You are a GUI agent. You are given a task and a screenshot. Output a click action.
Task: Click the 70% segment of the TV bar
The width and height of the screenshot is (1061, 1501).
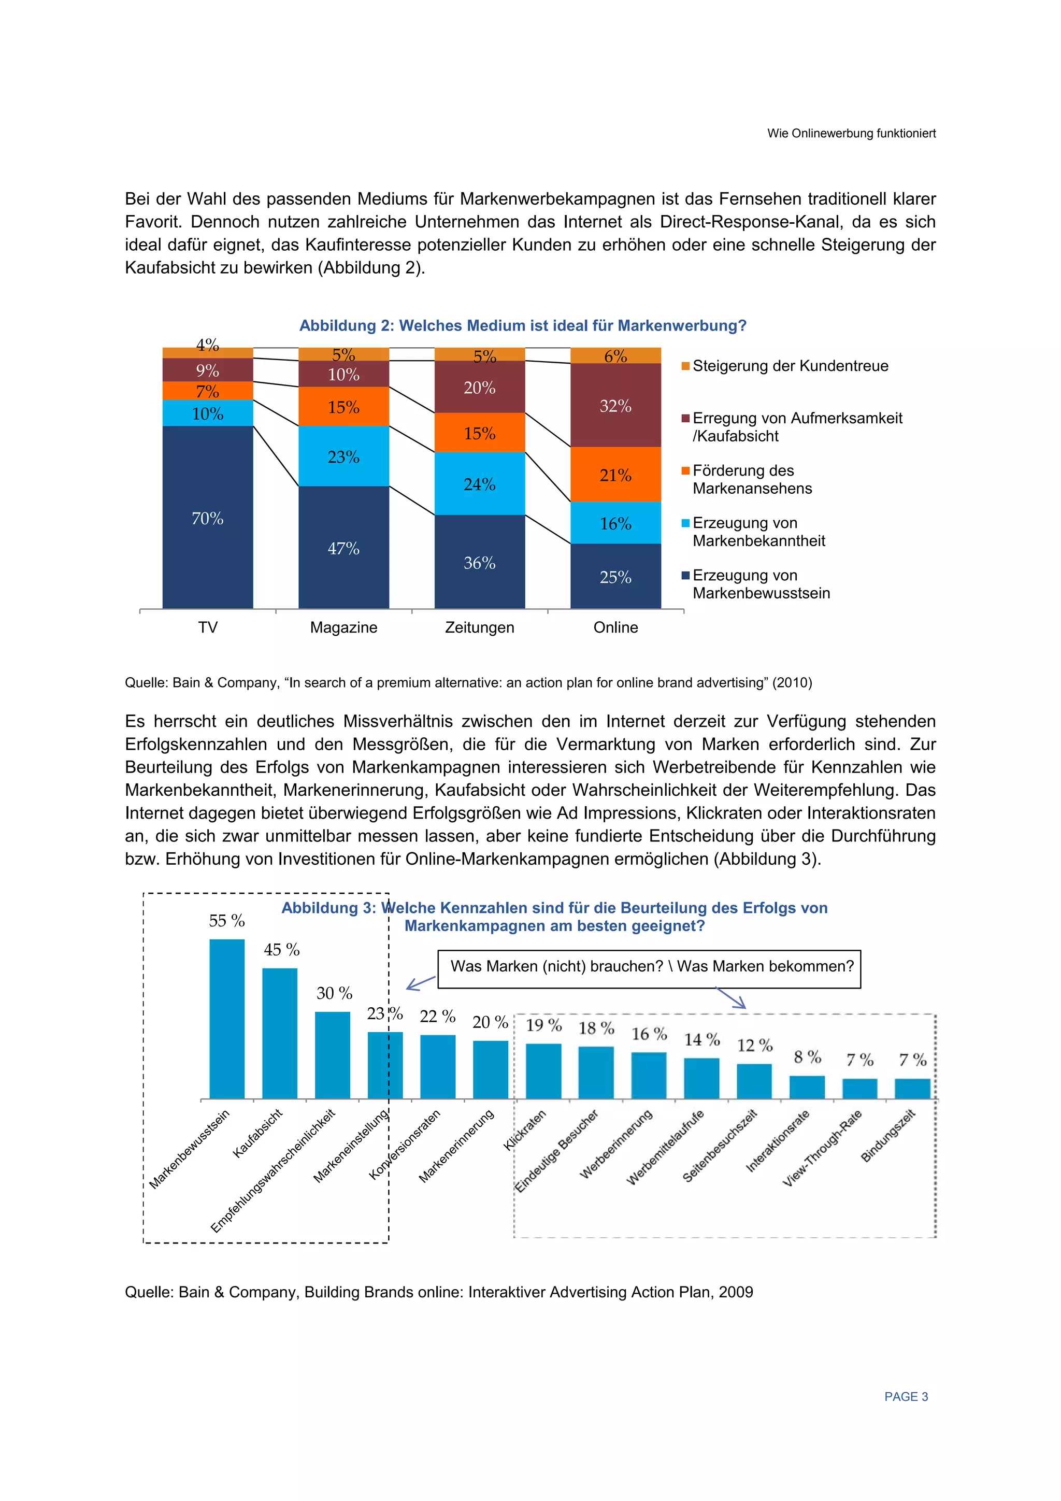pos(207,517)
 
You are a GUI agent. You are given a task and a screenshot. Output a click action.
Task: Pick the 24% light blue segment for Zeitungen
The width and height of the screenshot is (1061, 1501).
pos(479,484)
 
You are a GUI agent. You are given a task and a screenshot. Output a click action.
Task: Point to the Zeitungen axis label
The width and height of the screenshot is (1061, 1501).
pos(479,627)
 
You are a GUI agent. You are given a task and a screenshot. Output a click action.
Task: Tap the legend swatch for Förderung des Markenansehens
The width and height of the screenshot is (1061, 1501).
pos(686,470)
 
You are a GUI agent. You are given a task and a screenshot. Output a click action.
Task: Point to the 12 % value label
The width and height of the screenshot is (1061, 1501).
pos(754,1046)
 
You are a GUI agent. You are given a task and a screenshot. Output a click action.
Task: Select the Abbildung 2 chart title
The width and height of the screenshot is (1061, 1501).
pos(522,325)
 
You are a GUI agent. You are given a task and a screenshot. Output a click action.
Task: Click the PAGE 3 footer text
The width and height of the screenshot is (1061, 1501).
pos(906,1396)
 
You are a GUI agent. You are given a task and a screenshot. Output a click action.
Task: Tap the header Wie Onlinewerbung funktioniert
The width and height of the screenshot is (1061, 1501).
pos(851,133)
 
